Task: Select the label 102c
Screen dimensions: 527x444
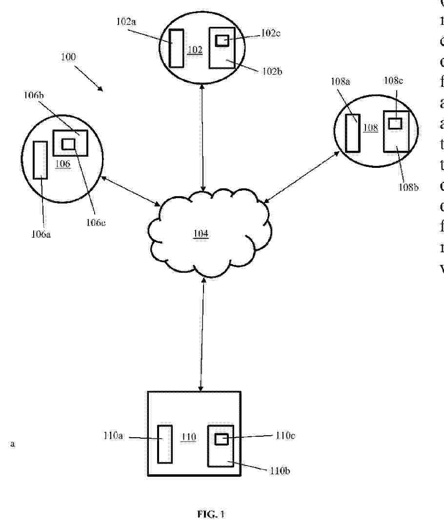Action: [x=271, y=33]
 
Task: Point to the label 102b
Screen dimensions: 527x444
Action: [x=271, y=71]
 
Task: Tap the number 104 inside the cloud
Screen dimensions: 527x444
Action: [x=201, y=234]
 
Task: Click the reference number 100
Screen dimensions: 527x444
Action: [x=68, y=57]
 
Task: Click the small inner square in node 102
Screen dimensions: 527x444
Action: [x=222, y=41]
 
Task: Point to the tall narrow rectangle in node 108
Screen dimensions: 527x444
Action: [x=352, y=133]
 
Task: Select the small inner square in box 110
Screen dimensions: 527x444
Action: [x=222, y=439]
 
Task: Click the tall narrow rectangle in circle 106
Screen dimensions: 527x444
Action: [x=40, y=160]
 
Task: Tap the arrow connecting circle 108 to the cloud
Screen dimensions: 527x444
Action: [x=302, y=177]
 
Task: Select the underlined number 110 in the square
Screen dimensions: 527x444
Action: [x=188, y=437]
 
